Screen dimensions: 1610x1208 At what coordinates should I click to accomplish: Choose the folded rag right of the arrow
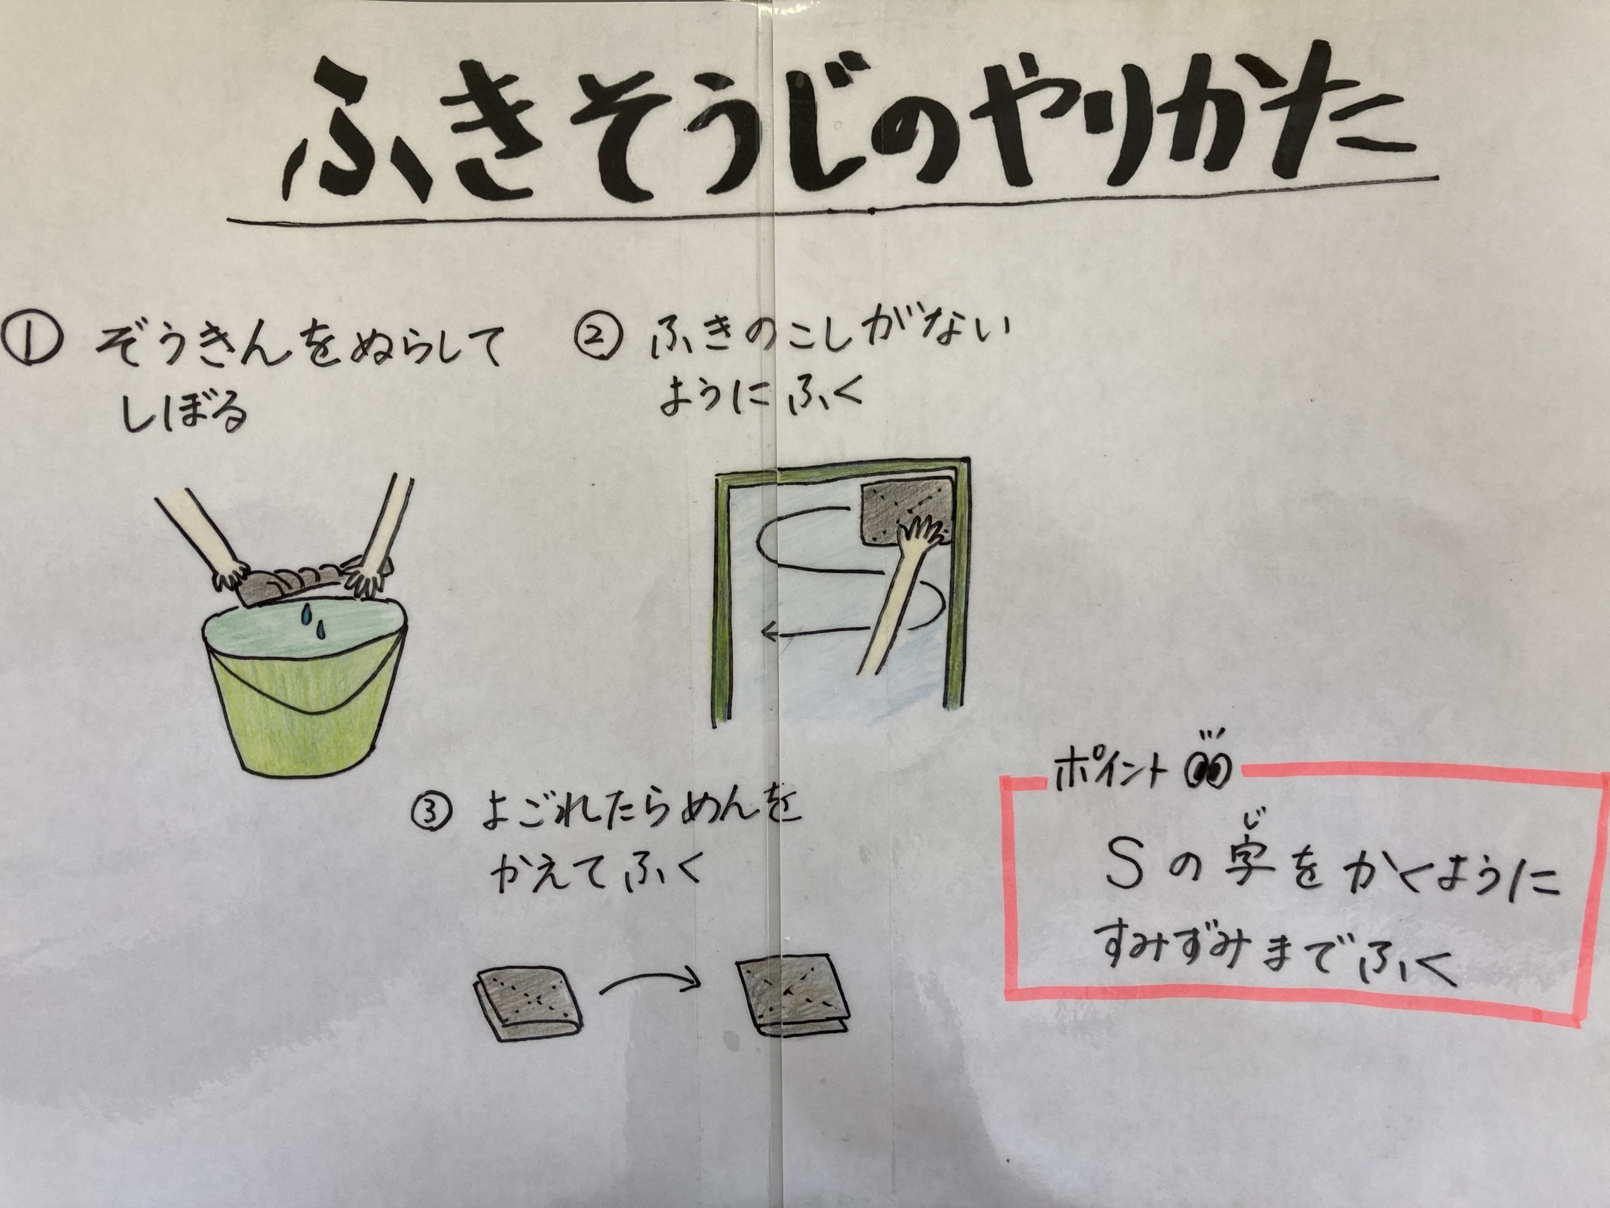point(792,995)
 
